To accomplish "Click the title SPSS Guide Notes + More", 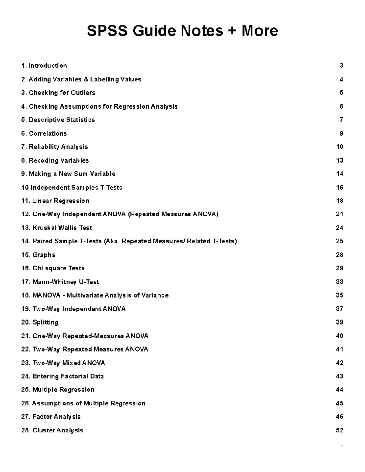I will [182, 31].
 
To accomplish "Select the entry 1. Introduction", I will [44, 66].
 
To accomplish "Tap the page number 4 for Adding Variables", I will [341, 79].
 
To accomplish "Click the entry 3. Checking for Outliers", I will [58, 93].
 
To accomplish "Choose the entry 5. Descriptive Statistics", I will [58, 120].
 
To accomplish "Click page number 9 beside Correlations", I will [341, 133].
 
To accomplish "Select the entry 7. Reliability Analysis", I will [54, 147].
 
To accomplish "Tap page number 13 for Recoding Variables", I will [339, 160].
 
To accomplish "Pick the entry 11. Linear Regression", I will [55, 201].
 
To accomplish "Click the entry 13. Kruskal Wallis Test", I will [57, 228].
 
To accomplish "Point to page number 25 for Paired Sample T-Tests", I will [339, 241].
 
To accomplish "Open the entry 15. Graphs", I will [38, 255].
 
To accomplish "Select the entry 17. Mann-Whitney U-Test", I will [60, 282].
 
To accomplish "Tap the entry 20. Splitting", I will [40, 322].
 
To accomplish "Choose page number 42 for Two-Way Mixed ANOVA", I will [339, 363].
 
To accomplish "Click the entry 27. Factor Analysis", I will [51, 417].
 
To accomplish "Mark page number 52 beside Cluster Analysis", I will [339, 430].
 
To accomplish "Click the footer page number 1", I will [342, 447].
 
